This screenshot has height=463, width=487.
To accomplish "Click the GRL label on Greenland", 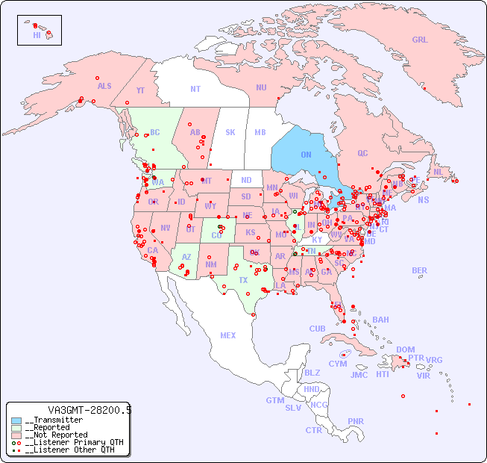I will [x=420, y=40].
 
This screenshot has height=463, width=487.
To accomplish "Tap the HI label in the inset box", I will [x=37, y=35].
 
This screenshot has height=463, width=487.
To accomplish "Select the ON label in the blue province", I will [x=306, y=155].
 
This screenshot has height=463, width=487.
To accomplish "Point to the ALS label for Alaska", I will [x=104, y=87].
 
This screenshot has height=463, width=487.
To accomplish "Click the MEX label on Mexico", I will [x=228, y=335].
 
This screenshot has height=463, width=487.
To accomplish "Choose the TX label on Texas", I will [x=243, y=280].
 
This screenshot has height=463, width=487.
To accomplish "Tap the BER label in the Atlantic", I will [x=419, y=270].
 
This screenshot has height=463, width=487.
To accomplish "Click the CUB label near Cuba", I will [x=317, y=329].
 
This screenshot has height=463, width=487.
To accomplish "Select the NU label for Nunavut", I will [x=261, y=87].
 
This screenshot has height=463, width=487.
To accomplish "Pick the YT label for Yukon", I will [x=140, y=90].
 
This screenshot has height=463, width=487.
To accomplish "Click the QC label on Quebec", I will [x=362, y=154].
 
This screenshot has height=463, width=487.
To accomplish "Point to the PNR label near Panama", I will [x=356, y=421].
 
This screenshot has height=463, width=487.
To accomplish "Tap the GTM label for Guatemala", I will [x=274, y=400].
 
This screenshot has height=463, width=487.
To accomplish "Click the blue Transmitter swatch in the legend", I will [x=16, y=420].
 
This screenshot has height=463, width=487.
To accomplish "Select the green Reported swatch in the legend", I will [x=16, y=428].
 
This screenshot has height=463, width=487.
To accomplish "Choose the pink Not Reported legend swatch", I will [x=16, y=435].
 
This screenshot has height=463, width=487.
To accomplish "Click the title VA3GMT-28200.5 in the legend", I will [x=89, y=410].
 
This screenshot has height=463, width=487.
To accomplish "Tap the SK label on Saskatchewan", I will [x=230, y=132].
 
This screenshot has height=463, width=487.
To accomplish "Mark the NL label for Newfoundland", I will [x=439, y=172].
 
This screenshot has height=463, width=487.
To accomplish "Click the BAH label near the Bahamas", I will [x=380, y=320].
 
